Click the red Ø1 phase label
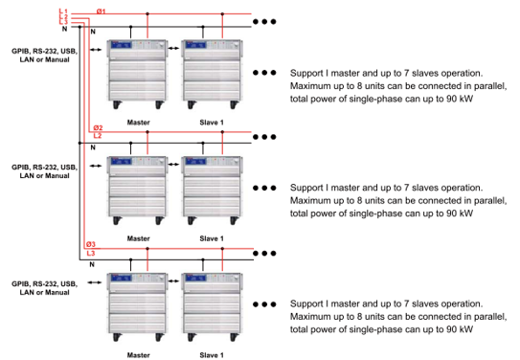(x=102, y=11)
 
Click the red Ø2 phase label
(x=99, y=127)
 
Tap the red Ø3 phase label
(x=91, y=244)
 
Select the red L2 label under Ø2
(x=98, y=136)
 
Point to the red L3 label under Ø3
(x=91, y=254)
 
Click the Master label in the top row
(x=138, y=123)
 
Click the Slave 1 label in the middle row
(x=212, y=238)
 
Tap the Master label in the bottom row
(x=138, y=355)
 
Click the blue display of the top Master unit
(x=122, y=45)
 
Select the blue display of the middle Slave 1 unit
(x=196, y=162)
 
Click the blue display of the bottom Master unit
(x=122, y=278)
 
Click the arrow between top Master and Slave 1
(x=173, y=49)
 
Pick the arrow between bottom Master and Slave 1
(x=173, y=281)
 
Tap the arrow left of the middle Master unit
(x=96, y=166)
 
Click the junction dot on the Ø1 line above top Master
(x=147, y=14)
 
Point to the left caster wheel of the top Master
(x=117, y=104)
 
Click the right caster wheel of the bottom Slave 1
(x=234, y=337)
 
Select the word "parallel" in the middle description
(x=490, y=200)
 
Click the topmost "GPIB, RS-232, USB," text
(x=44, y=51)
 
